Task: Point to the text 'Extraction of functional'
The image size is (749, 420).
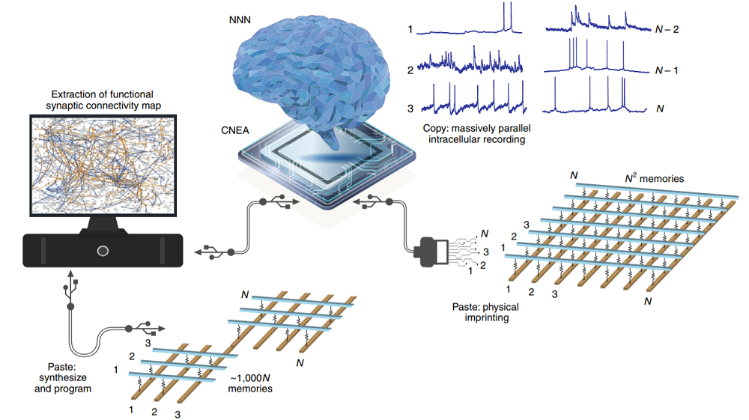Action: [x=103, y=94]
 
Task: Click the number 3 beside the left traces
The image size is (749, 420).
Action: [x=410, y=109]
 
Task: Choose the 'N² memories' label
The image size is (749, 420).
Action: [x=654, y=178]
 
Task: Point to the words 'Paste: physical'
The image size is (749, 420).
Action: [x=485, y=307]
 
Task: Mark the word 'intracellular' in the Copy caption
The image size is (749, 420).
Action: [x=452, y=139]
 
